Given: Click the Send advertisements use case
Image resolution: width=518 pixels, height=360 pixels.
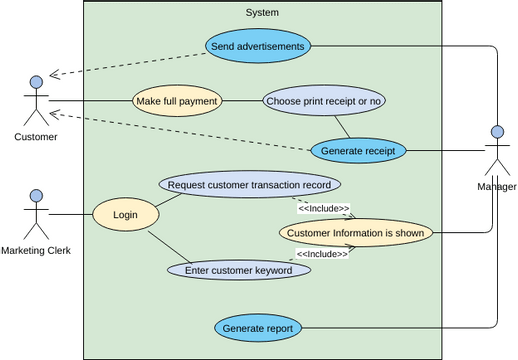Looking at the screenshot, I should point(258,45).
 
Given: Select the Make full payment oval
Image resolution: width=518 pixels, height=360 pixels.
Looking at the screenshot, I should point(177,101).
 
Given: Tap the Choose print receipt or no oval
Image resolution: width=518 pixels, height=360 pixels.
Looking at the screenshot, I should point(324,101).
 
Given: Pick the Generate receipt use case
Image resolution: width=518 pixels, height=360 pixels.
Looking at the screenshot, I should point(358,151).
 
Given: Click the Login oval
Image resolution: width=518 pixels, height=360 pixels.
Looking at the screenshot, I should point(126,215).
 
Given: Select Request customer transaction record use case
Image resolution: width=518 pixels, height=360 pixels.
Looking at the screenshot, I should point(249,185).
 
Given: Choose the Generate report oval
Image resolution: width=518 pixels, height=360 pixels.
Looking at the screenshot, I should point(258,327).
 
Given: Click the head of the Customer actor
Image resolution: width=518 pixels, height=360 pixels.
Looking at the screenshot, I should point(36,81).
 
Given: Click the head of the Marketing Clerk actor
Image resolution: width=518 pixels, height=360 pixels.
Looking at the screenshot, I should point(36,195).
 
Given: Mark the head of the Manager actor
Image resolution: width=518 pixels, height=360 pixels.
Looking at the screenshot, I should point(496,131).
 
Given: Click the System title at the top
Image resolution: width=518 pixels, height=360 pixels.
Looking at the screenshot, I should point(262,12).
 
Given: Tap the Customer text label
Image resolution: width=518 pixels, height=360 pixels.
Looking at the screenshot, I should point(36,137).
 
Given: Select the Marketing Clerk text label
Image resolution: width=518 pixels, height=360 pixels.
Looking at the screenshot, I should point(36,250).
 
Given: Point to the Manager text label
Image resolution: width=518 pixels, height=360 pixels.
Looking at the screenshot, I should point(496,187).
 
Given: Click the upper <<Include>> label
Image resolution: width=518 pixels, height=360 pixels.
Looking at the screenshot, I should point(323,209).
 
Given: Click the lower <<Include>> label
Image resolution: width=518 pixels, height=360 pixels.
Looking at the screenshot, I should point(322,254).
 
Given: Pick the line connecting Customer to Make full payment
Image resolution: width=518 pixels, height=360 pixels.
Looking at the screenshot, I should point(90,101).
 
